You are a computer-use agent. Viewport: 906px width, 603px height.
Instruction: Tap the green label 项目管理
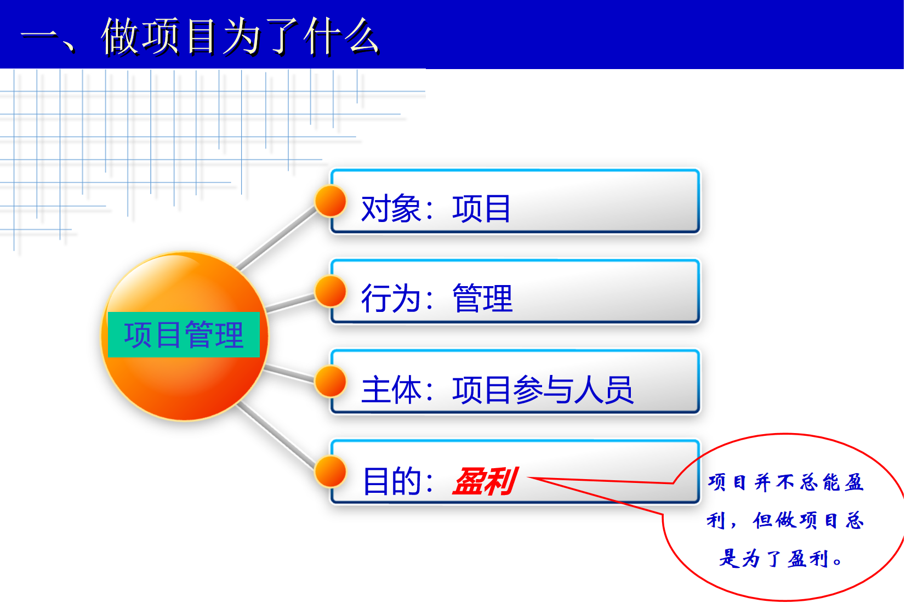point(184,335)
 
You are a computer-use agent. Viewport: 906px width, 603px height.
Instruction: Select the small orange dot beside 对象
point(331,201)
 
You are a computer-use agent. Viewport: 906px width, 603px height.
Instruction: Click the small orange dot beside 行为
point(331,291)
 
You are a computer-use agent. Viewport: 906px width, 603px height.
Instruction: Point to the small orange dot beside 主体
point(331,382)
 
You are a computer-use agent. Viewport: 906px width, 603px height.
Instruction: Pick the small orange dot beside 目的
point(331,471)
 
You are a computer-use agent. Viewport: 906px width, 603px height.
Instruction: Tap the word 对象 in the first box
point(391,208)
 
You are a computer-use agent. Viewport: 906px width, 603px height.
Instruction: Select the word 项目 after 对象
point(481,208)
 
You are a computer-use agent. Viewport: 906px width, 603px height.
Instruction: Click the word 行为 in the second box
point(391,298)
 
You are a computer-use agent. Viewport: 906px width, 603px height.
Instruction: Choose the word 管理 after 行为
point(482,298)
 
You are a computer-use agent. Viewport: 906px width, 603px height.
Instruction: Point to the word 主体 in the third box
point(391,389)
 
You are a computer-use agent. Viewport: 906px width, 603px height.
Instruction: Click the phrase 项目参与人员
point(543,389)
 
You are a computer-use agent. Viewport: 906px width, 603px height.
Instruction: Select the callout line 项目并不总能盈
point(786,482)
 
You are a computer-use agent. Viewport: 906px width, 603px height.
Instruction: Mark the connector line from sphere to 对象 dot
point(277,238)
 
